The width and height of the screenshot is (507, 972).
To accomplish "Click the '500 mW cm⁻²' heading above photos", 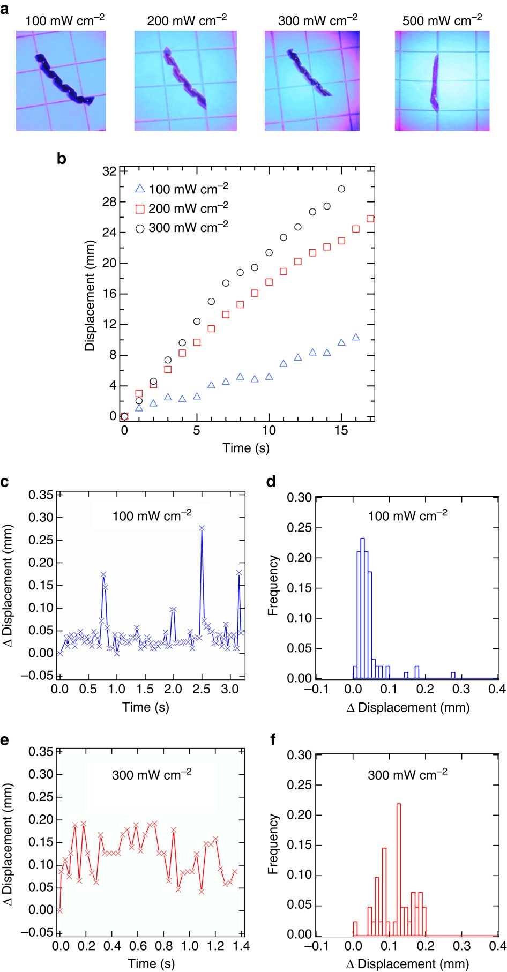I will click(x=442, y=21).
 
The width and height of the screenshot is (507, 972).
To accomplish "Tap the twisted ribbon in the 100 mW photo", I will click(x=63, y=80).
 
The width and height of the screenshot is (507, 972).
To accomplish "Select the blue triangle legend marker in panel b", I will click(x=140, y=189).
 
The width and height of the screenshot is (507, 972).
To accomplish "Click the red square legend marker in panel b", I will click(x=140, y=209).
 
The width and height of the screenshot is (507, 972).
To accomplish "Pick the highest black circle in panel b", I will click(x=341, y=189).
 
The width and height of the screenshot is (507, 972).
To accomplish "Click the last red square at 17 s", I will click(x=370, y=219).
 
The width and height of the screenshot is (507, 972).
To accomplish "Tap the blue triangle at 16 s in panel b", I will click(x=356, y=337).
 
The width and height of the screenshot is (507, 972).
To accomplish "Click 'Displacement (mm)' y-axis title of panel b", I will click(x=90, y=295).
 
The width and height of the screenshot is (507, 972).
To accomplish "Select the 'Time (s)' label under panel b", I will click(x=246, y=447).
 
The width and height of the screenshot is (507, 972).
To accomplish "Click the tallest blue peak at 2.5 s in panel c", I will click(x=202, y=528).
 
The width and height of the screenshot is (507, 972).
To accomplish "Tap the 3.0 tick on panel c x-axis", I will click(x=229, y=689).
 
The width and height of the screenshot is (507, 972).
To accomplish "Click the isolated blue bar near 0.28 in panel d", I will click(x=453, y=675).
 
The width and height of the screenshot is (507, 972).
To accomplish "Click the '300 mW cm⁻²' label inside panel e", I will click(x=152, y=775).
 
